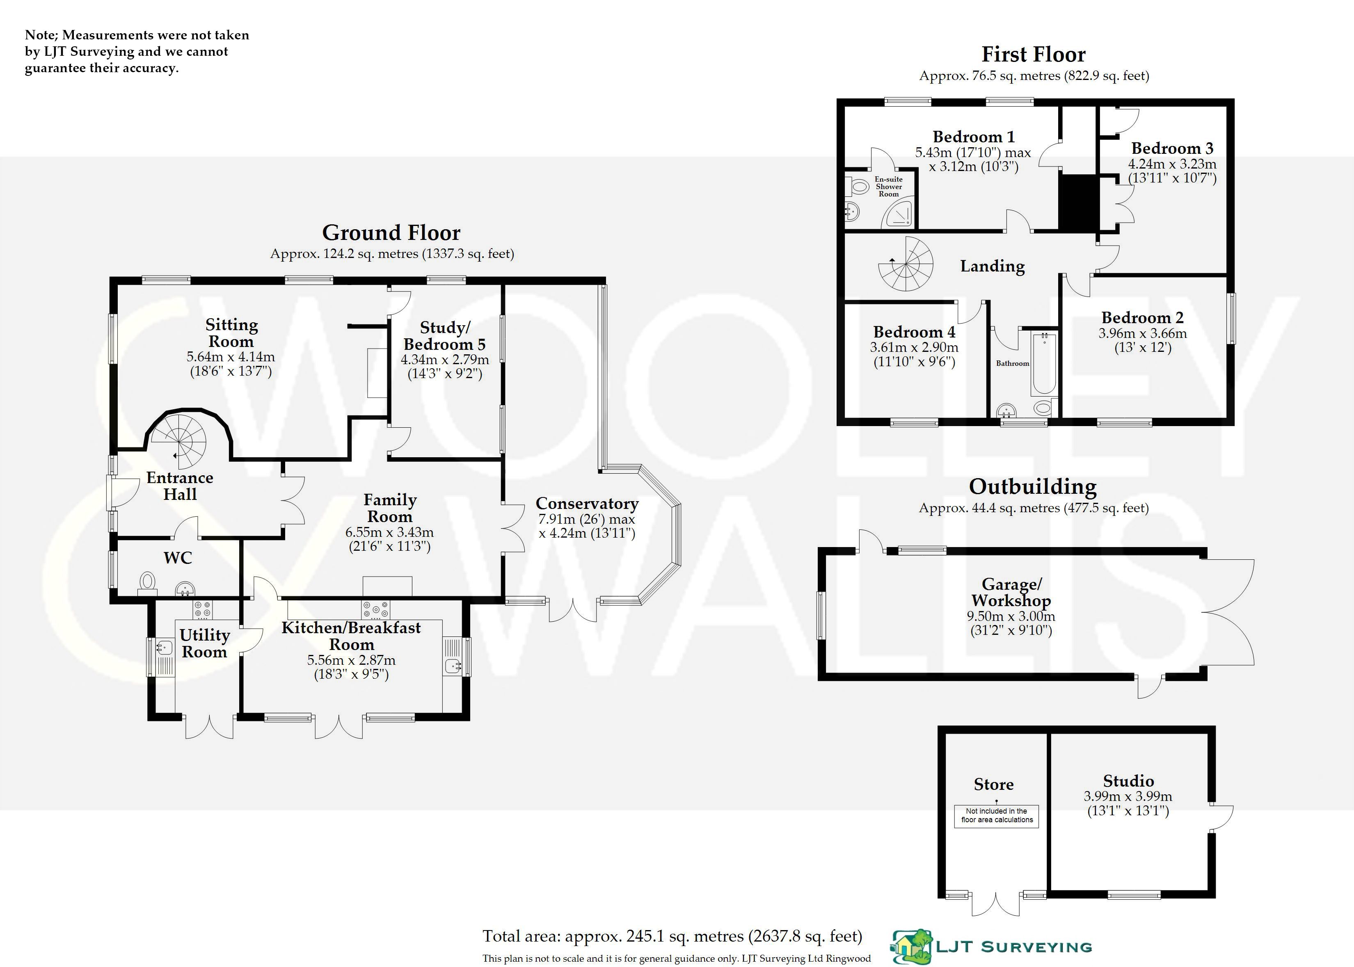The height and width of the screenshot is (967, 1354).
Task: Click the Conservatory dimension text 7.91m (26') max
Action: pos(586,519)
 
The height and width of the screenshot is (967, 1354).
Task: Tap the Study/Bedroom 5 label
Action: pos(444,336)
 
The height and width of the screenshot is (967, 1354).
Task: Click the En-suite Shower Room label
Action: pos(888,186)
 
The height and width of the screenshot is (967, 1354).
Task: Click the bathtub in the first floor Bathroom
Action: pos(1044,363)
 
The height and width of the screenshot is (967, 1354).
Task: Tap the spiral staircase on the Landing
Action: pos(906,264)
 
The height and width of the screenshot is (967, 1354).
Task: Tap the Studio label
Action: pos(1128,781)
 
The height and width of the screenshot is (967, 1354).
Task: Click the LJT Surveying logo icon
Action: pos(911,947)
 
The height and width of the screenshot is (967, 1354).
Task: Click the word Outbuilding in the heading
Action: pos(1032,486)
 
